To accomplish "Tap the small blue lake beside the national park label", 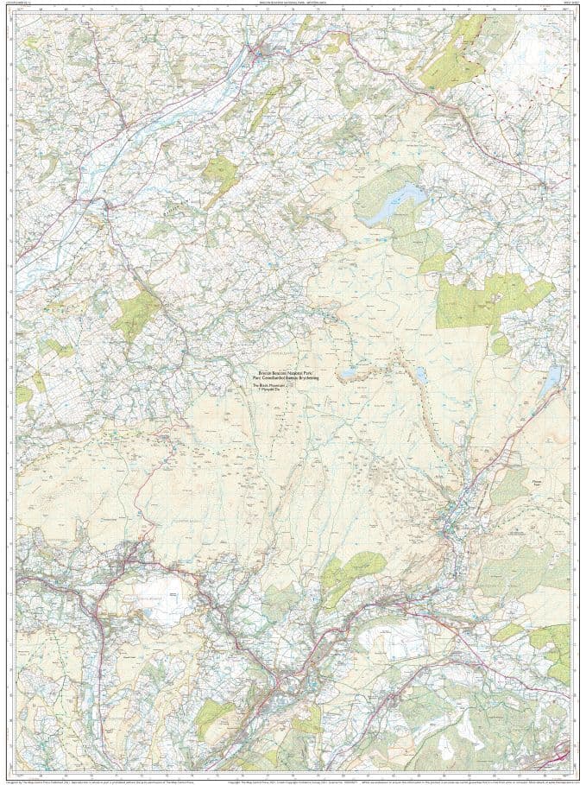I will pyautogui.click(x=347, y=375).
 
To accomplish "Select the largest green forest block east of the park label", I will pyautogui.click(x=492, y=302).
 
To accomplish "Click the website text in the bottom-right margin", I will pyautogui.click(x=544, y=780).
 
